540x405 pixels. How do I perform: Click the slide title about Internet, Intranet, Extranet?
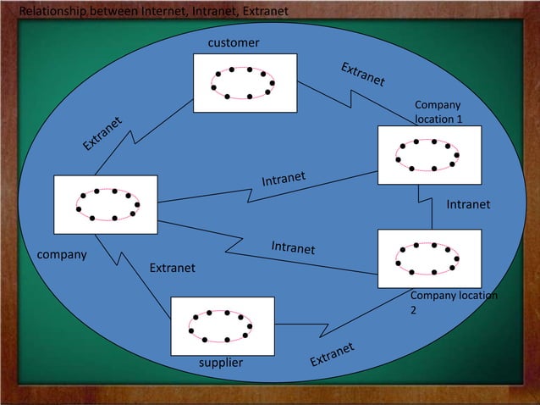(153, 11)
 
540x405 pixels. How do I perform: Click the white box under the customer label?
(245, 83)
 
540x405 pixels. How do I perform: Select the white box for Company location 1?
(429, 155)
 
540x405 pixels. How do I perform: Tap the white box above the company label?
(106, 204)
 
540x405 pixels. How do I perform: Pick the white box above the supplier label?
(223, 325)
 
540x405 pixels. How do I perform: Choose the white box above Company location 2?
(429, 258)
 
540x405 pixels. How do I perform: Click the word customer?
(234, 42)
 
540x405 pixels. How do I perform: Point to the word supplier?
(220, 363)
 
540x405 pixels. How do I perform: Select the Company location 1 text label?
(438, 112)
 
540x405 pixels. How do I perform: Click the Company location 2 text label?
(453, 302)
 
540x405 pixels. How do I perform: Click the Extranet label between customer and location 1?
(363, 75)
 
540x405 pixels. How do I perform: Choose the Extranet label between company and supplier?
(172, 268)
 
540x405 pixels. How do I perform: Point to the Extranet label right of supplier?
(331, 355)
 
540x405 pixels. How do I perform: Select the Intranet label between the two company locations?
(468, 204)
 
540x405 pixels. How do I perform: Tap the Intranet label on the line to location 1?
(283, 179)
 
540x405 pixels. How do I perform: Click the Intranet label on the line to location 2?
(293, 247)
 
